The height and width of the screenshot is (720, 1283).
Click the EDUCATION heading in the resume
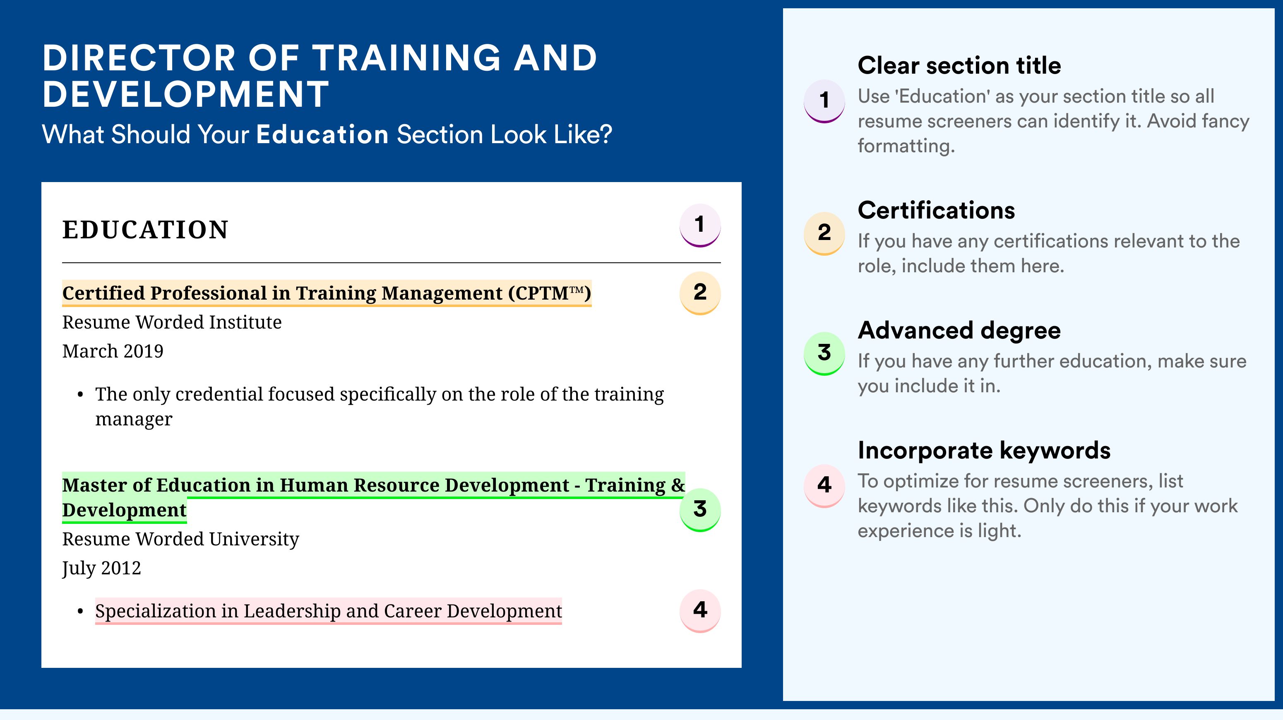(x=145, y=230)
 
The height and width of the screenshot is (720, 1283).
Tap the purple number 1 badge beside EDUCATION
(x=700, y=225)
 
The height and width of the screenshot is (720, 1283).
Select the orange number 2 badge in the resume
(x=700, y=293)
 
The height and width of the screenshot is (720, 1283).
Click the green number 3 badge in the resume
(x=700, y=509)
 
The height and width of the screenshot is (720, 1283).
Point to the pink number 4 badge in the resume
(x=700, y=610)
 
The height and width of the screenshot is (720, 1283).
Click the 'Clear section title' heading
(x=959, y=65)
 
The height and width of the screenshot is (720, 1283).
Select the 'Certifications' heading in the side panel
(x=936, y=210)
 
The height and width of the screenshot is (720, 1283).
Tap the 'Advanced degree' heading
(x=959, y=330)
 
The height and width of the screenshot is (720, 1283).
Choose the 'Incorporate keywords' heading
(x=984, y=451)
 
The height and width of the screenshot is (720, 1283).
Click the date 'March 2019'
(x=113, y=351)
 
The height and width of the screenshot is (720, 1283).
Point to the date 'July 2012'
(x=101, y=568)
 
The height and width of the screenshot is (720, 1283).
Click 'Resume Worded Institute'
(x=172, y=322)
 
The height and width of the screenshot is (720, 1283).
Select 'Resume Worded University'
(x=181, y=539)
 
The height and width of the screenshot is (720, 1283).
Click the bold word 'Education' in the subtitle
(x=322, y=134)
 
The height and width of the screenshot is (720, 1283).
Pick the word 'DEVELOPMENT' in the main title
(x=185, y=94)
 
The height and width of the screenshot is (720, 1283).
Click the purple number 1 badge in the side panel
(x=824, y=101)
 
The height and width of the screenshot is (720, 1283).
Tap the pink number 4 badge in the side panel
(x=824, y=486)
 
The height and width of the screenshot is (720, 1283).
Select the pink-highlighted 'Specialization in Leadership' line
(x=329, y=611)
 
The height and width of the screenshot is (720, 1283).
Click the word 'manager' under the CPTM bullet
(x=134, y=419)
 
